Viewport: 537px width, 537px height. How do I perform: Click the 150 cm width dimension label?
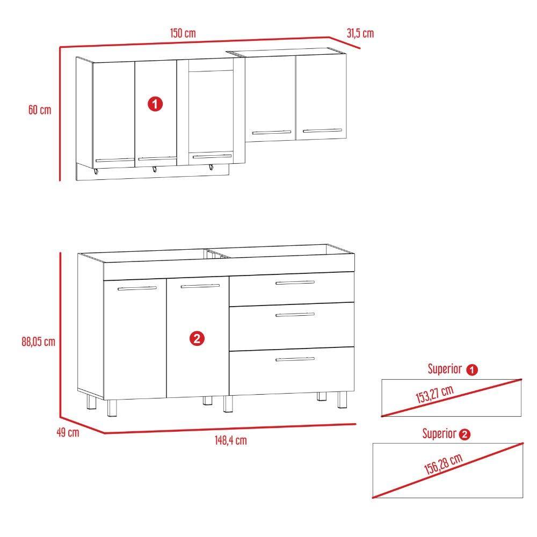[183, 33]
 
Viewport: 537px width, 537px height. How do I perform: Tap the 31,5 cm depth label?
[360, 33]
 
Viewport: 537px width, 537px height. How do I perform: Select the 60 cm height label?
[40, 110]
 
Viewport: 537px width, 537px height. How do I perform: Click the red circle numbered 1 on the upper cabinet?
[155, 104]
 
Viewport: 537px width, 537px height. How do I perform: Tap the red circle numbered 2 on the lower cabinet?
[197, 338]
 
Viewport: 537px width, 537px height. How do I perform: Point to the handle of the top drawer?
[295, 282]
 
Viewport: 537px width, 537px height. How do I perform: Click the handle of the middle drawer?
[295, 315]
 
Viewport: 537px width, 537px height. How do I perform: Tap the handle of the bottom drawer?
[295, 359]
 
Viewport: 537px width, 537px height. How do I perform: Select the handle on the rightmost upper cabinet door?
[322, 130]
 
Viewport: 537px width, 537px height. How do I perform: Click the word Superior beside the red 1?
[445, 369]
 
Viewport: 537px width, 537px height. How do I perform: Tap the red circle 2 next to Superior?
[465, 434]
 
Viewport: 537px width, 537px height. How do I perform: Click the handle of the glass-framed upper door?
[212, 157]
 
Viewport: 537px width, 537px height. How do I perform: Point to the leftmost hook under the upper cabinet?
[96, 172]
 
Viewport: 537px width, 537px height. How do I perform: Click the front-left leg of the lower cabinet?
[112, 408]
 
